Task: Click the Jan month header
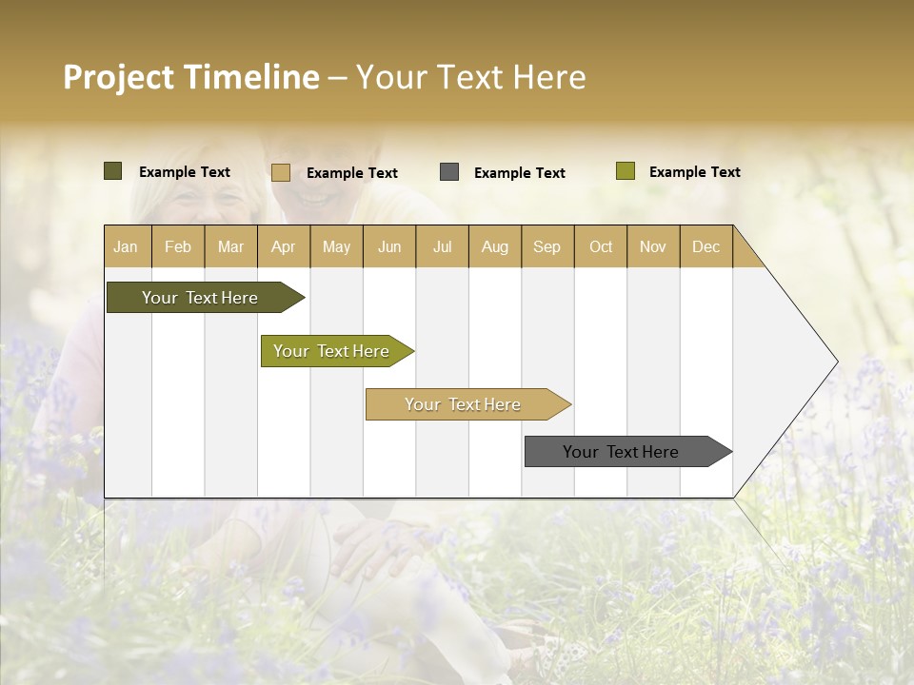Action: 126,246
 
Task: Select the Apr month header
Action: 283,246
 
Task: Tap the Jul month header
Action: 442,246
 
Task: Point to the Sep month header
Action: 546,246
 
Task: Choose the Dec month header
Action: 705,246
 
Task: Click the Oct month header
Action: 600,246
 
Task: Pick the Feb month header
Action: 178,246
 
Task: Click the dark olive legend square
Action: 113,171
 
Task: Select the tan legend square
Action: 281,172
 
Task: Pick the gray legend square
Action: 449,172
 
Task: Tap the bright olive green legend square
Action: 625,171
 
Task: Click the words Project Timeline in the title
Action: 190,77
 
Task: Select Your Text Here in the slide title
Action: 470,77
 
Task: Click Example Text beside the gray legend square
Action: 519,173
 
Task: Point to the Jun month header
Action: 389,246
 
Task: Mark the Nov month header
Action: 652,246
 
